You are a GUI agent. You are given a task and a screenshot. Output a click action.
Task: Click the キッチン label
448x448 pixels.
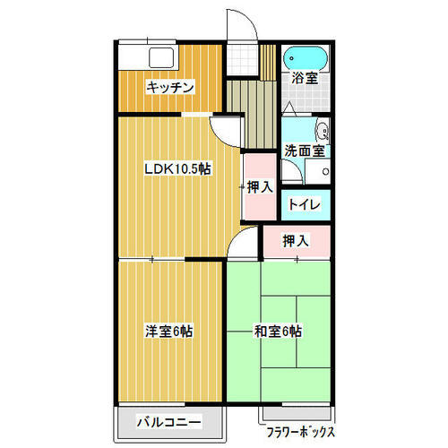click(170, 87)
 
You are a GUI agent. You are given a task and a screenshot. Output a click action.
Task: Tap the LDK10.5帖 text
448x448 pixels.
click(178, 168)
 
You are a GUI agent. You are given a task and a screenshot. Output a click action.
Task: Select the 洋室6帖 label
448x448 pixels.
click(169, 331)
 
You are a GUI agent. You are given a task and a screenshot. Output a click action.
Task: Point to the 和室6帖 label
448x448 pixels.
click(278, 331)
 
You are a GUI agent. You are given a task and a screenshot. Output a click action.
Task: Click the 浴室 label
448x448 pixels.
click(305, 78)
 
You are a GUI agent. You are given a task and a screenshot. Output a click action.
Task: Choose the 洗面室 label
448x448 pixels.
click(305, 151)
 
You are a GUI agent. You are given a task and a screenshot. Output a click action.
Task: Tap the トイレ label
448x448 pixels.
click(305, 204)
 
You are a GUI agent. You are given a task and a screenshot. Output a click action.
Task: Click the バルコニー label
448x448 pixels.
click(169, 422)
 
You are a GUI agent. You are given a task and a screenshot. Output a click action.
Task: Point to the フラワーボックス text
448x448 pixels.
click(300, 432)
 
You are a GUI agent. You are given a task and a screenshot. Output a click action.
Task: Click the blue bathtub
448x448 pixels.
click(306, 58)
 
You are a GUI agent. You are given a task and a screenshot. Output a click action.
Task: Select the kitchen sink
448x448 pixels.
click(161, 57)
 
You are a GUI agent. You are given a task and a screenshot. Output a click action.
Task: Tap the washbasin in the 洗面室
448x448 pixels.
click(322, 131)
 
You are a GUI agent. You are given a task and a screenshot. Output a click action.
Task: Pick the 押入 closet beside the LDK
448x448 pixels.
click(260, 187)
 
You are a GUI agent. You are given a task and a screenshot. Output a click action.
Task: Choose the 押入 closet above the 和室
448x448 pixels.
click(297, 241)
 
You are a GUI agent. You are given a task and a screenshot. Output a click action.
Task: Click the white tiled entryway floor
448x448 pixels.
click(242, 60)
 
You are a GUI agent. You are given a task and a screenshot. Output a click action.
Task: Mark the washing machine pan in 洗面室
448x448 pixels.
click(317, 171)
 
